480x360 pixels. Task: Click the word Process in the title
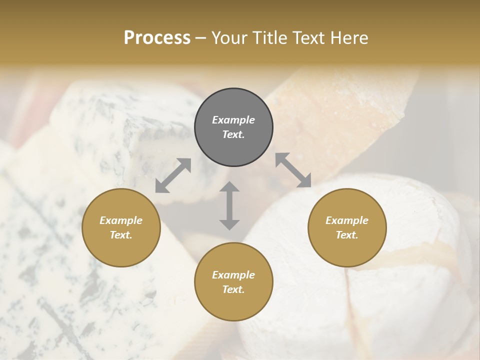tap(157, 38)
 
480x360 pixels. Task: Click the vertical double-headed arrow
tap(229, 206)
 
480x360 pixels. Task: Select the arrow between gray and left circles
tap(173, 175)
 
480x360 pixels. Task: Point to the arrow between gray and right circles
tap(293, 170)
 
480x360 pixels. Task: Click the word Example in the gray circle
tap(233, 120)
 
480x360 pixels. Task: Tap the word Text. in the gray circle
tap(233, 134)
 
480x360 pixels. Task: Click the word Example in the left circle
tap(121, 220)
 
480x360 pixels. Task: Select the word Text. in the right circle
tap(347, 235)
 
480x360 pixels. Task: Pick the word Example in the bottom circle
tap(233, 275)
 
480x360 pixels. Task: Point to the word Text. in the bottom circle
tap(233, 289)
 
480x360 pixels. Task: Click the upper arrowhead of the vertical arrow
tap(229, 187)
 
